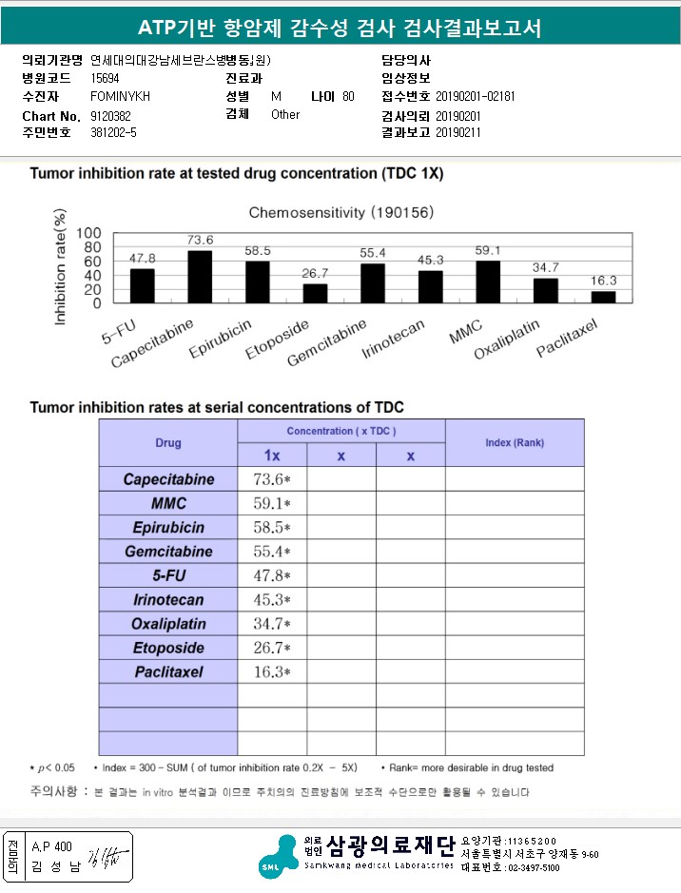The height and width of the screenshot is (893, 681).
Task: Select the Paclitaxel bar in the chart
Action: click(x=603, y=297)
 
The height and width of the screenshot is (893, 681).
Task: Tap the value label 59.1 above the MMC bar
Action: click(x=488, y=251)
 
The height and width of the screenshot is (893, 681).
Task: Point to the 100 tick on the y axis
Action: click(x=88, y=233)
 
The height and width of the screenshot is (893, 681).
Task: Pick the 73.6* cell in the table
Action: click(x=271, y=479)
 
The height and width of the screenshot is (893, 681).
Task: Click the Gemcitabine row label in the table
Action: click(x=168, y=552)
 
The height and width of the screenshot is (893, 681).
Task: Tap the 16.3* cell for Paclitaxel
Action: click(x=271, y=671)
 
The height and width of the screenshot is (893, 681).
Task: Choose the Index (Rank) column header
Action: click(x=515, y=443)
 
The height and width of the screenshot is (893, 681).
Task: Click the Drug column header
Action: click(x=168, y=443)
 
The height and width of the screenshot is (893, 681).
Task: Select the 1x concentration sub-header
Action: click(x=271, y=456)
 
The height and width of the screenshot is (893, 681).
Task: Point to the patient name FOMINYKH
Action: click(x=120, y=97)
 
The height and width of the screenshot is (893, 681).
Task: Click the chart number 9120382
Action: click(x=110, y=115)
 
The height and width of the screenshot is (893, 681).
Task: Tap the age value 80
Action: click(x=348, y=97)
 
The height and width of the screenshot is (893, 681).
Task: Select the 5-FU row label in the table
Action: click(x=168, y=575)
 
